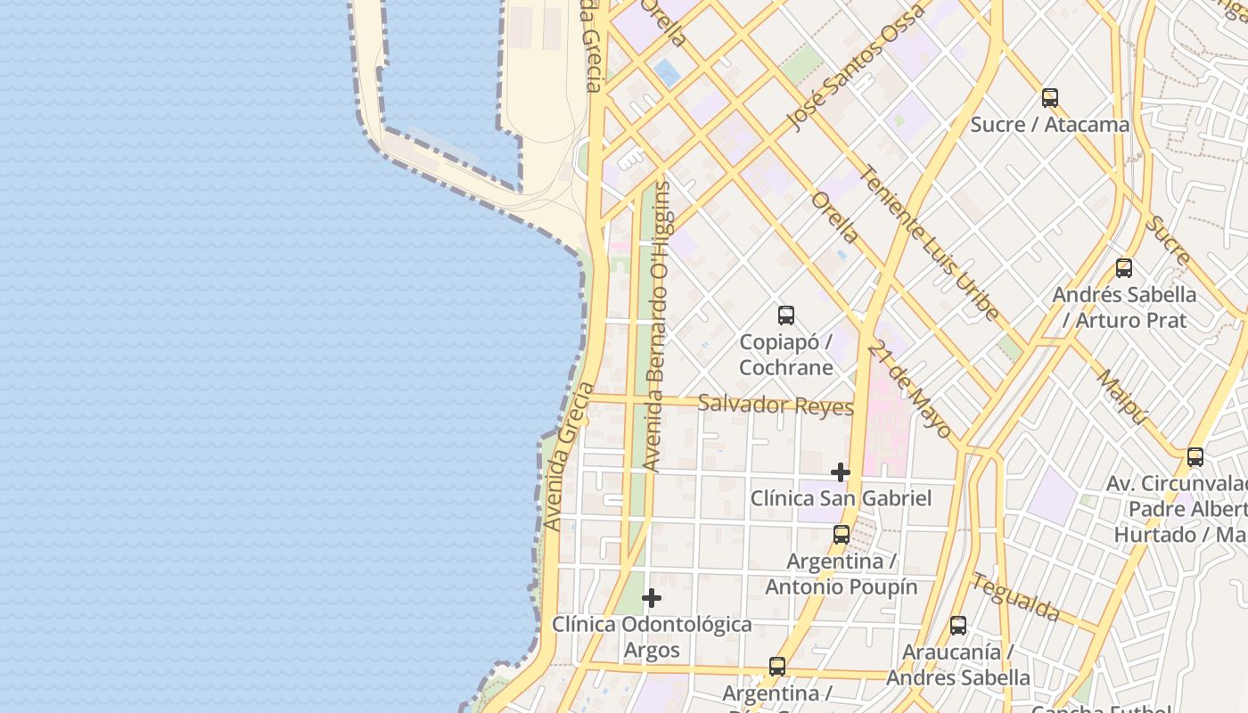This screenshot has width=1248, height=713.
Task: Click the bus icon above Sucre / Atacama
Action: coord(1050,98)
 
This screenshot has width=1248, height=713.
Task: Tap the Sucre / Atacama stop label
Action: coord(1049,124)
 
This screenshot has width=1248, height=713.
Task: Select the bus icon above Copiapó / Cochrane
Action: coord(785,316)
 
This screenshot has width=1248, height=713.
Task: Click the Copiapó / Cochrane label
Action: coord(786,355)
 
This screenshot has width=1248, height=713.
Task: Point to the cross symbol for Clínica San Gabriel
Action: coord(840,472)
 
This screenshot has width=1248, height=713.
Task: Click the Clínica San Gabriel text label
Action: coord(841,498)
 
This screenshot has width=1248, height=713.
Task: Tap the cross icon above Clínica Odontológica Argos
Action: coord(652,598)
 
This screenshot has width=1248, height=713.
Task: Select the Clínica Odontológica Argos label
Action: coord(652,636)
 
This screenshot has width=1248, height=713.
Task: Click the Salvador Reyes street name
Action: coord(776,406)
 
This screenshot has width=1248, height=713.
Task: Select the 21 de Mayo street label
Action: coord(909,389)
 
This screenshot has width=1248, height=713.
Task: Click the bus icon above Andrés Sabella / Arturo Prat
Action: coord(1124,268)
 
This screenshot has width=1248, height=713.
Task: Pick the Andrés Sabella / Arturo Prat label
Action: coord(1124,307)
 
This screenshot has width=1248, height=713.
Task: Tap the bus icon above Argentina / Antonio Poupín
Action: coord(841,535)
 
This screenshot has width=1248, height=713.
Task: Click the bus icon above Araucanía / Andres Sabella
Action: coord(958,626)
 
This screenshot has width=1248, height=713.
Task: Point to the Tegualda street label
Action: coord(1015,597)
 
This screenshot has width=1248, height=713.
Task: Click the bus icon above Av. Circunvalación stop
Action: coord(1195,457)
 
